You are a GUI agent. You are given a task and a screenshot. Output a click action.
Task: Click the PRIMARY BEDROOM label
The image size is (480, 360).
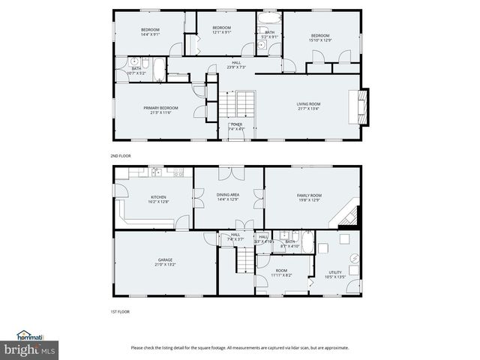158,110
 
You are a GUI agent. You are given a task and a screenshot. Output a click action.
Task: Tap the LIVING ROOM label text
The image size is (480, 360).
309,106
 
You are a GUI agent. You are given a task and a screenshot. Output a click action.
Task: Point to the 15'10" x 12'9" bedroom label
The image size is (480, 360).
320,37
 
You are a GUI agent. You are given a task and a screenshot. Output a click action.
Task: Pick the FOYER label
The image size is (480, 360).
236,126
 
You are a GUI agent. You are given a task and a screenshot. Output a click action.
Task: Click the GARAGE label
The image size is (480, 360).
165,262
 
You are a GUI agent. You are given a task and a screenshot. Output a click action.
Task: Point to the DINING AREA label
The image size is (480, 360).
228,196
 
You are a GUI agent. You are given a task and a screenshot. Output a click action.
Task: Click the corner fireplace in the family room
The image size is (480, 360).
349,216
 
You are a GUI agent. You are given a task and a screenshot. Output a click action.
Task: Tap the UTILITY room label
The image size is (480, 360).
335,274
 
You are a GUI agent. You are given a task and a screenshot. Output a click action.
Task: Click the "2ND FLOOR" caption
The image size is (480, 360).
120,155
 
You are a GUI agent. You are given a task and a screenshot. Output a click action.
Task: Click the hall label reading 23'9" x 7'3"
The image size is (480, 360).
236,65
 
